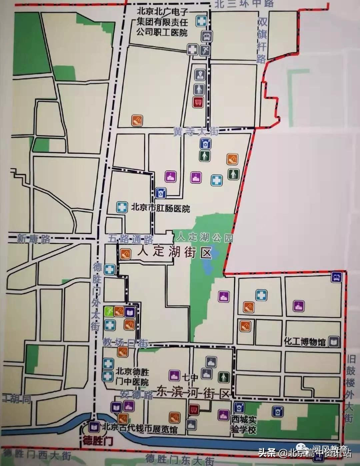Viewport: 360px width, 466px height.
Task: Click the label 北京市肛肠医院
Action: pos(160,208)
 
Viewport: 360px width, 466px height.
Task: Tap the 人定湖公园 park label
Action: pos(204,237)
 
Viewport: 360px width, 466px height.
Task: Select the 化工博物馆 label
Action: pos(304,342)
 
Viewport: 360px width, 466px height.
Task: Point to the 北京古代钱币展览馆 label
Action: pos(140,428)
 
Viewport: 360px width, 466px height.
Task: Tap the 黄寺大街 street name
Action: pos(196,132)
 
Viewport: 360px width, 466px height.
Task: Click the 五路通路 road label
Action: pos(131,239)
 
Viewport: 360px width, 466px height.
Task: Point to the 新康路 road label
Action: pos(34,239)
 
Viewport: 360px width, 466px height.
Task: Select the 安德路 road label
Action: pos(136,395)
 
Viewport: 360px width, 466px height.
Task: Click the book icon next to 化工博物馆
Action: pos(333,341)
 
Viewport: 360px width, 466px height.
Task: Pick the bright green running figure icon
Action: pos(108,311)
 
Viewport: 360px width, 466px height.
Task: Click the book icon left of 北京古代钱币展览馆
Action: pos(94,426)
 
